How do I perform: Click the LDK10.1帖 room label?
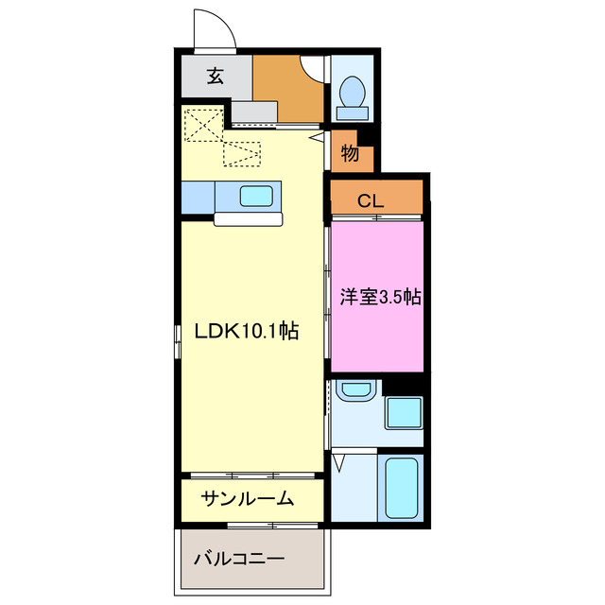point(247,332)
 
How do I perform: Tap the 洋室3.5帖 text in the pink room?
point(380,297)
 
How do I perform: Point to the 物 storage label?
point(350,153)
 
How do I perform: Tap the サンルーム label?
point(247,499)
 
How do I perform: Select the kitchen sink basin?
point(256,197)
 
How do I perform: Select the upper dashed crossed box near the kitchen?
point(200,125)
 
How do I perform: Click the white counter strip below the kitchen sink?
point(249,219)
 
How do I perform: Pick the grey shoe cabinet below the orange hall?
point(254,112)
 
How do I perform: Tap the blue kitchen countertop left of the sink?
point(198,197)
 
